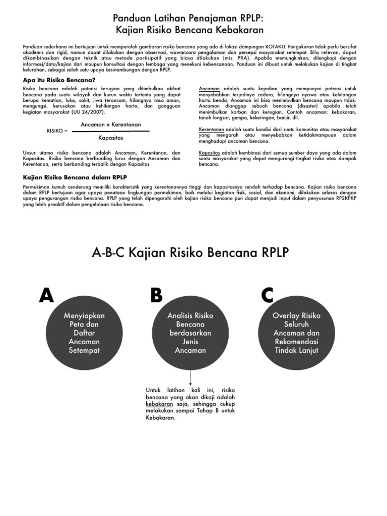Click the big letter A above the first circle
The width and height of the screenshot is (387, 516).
[46, 296]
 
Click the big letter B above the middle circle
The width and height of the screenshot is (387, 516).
[156, 296]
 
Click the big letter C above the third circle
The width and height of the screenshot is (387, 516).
[268, 296]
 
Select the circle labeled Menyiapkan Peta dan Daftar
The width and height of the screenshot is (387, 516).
[84, 333]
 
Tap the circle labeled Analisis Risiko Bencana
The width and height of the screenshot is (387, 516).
[190, 333]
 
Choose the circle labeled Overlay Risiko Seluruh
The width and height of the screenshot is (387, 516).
[296, 333]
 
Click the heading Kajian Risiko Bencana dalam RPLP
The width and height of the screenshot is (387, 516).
[75, 177]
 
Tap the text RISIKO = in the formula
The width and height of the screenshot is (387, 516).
[57, 131]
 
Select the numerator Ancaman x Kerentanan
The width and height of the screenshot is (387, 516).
[111, 124]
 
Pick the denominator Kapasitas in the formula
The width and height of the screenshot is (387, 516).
[111, 138]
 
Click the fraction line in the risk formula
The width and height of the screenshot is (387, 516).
[111, 131]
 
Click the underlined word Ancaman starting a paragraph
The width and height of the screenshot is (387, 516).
[209, 88]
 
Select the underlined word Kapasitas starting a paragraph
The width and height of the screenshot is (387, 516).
[210, 152]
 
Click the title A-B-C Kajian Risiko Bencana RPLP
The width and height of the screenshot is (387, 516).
[190, 252]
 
